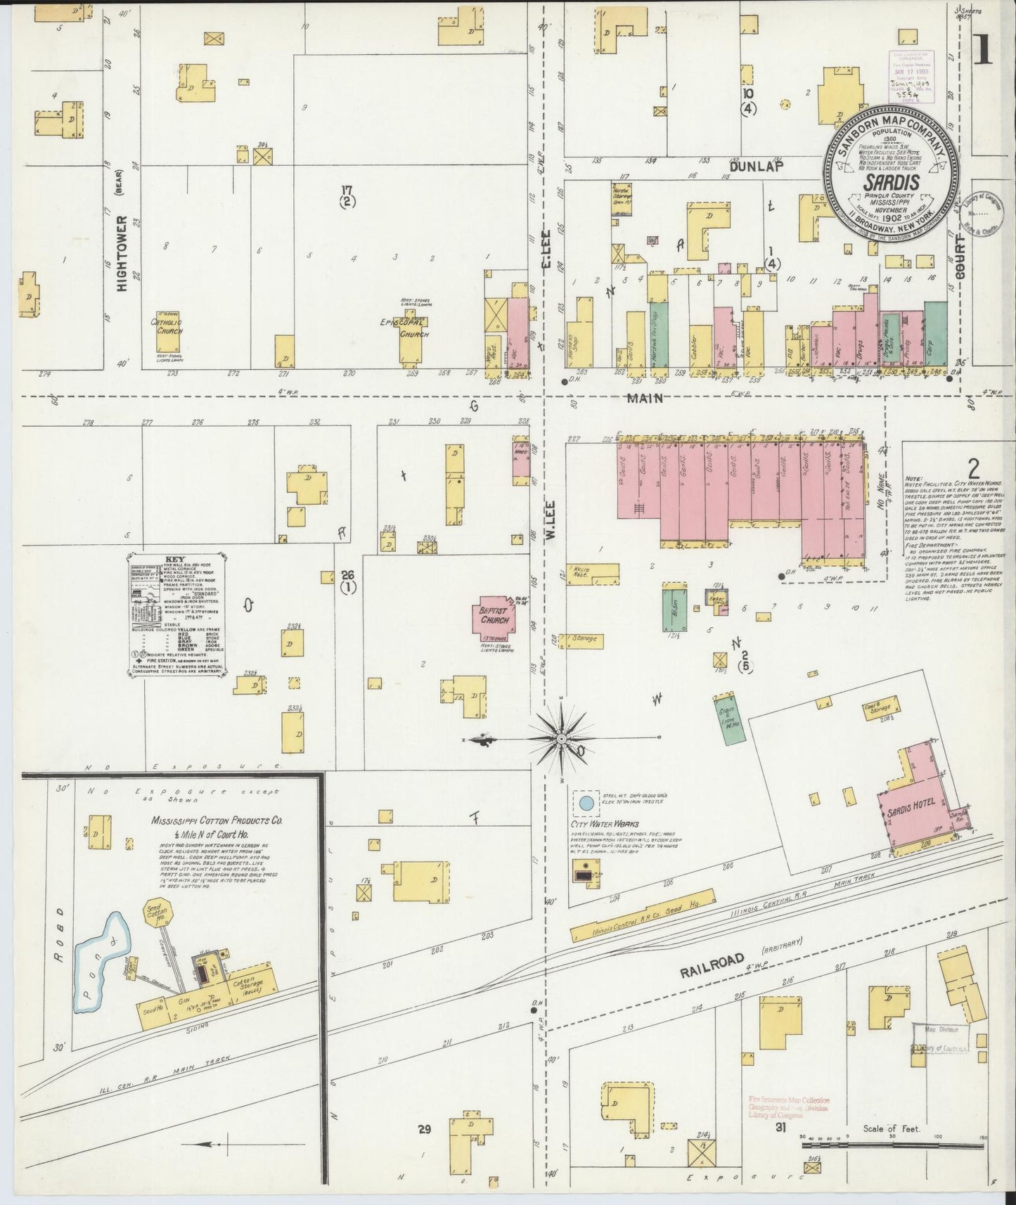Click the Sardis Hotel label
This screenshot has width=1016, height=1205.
(x=912, y=808)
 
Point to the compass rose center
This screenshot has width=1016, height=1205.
(x=562, y=739)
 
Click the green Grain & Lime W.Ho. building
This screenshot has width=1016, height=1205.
(x=727, y=721)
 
